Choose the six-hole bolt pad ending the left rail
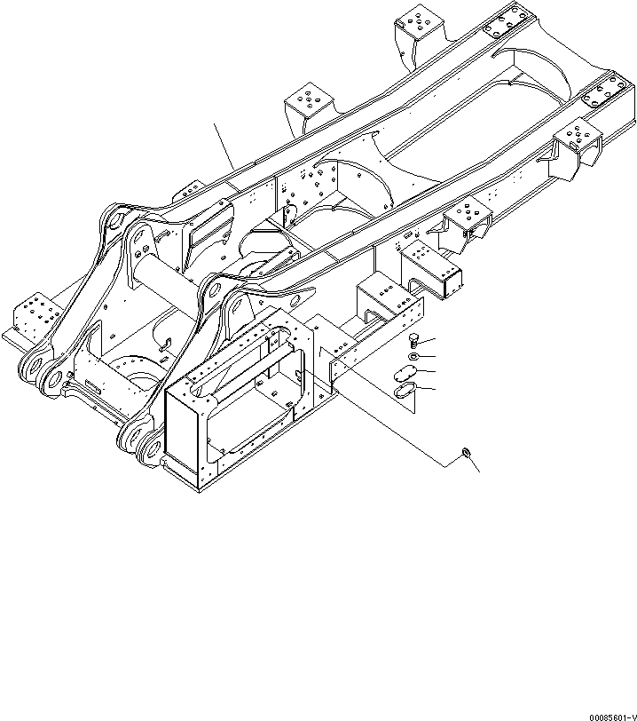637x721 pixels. (508, 20)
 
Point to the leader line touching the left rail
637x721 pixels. (223, 147)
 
